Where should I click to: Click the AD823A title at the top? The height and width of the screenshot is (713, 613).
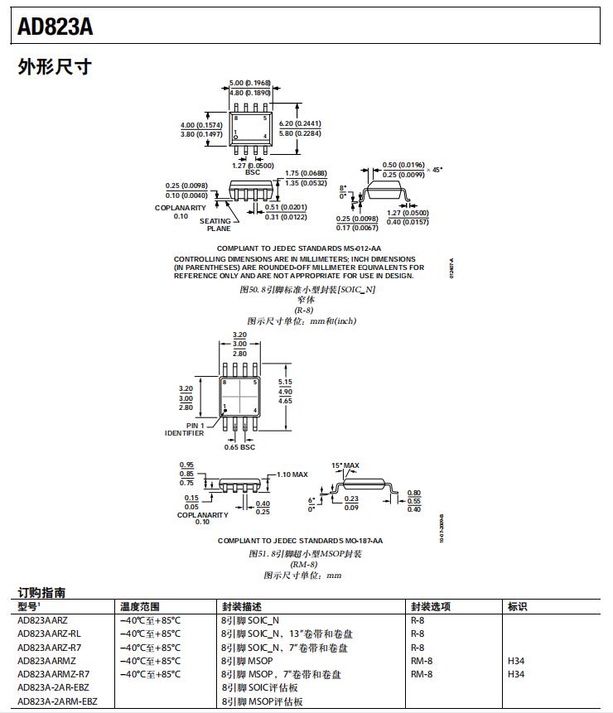[56, 28]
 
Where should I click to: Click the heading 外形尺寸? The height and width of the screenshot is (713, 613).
[54, 67]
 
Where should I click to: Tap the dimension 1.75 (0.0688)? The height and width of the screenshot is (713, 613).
[306, 173]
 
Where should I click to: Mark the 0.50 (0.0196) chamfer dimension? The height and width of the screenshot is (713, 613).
[403, 165]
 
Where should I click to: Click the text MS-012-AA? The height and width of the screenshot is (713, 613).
[362, 248]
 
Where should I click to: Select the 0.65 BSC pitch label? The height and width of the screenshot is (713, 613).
[240, 447]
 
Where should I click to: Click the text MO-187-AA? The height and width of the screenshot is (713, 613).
[364, 541]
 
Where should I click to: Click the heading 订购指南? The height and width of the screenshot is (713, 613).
[42, 593]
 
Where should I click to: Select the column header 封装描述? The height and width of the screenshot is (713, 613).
[243, 606]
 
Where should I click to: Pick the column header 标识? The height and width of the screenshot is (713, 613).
[517, 606]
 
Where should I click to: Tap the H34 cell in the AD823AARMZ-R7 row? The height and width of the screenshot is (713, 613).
[516, 674]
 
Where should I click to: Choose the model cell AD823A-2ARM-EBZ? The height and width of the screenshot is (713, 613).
[57, 701]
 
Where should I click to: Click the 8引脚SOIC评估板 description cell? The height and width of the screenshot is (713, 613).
[259, 688]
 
